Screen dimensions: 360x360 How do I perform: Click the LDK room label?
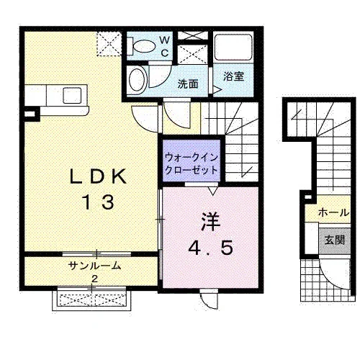click(98, 176)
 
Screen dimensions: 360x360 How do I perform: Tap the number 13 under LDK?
click(98, 202)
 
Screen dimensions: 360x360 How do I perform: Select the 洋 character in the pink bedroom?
click(211, 222)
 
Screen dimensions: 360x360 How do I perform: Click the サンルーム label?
click(94, 266)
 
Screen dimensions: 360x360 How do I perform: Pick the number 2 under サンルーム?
click(94, 279)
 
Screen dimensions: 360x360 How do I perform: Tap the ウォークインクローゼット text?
click(192, 164)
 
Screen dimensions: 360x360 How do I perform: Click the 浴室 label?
click(233, 76)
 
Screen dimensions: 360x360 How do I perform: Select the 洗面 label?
click(188, 84)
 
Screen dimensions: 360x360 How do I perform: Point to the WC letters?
click(165, 46)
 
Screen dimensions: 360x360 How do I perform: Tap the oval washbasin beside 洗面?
click(138, 80)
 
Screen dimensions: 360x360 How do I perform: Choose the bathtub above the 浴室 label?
click(233, 48)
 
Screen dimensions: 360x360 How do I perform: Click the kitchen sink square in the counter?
click(72, 95)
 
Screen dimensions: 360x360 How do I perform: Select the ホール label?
click(334, 212)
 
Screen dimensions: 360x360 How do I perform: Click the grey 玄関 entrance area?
click(335, 240)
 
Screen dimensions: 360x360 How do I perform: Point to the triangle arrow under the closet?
click(212, 191)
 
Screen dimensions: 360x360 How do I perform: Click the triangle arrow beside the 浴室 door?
click(217, 90)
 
